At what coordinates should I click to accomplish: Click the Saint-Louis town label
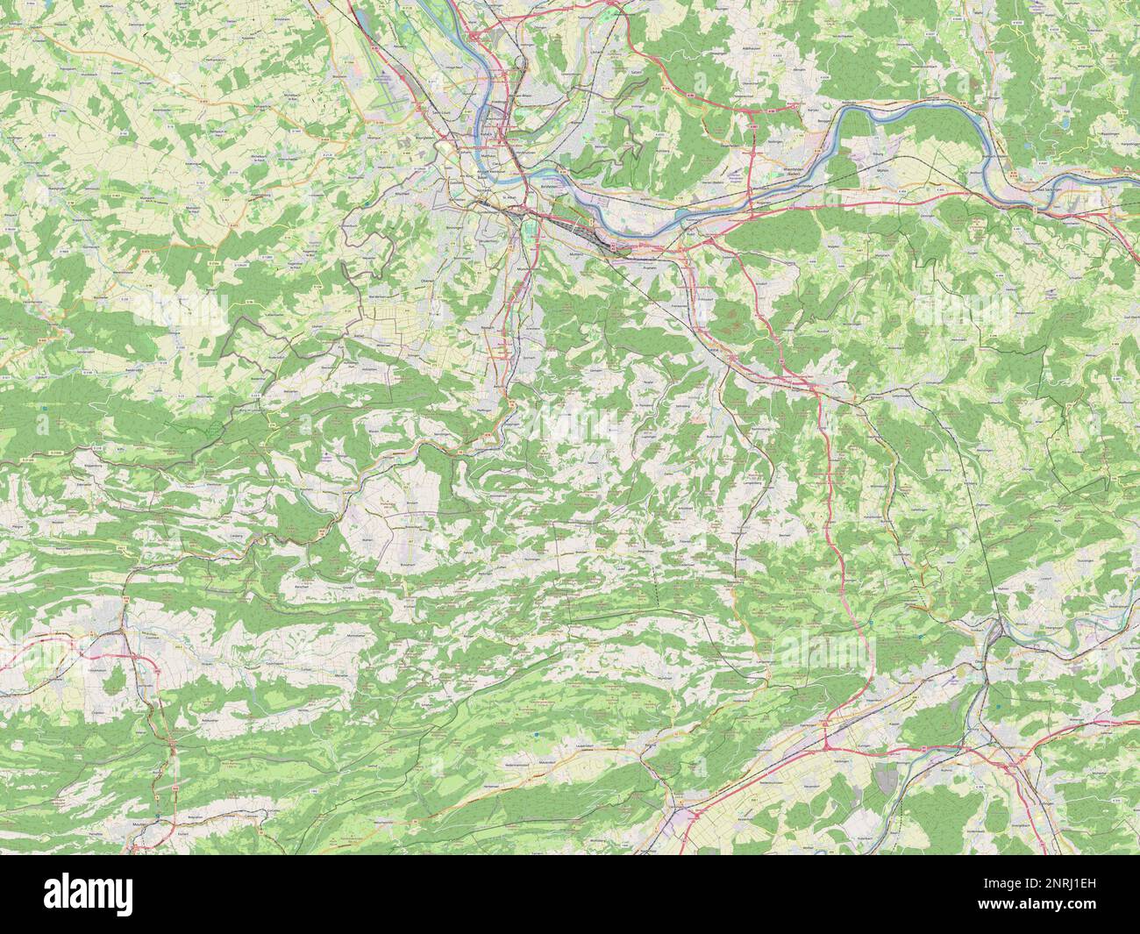(446, 112)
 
